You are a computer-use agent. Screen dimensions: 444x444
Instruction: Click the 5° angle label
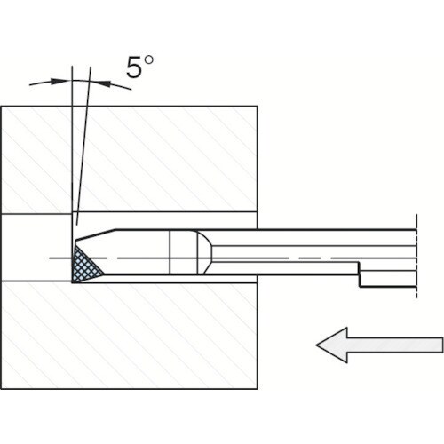pos(140,67)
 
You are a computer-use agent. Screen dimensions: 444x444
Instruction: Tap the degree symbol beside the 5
pos(149,60)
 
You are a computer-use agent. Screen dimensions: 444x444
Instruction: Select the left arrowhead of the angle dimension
pos(59,81)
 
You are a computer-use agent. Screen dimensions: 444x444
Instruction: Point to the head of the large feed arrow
pos(331,345)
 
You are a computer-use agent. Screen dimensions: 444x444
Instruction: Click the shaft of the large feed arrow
pos(395,345)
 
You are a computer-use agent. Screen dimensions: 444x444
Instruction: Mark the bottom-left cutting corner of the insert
pos(73,281)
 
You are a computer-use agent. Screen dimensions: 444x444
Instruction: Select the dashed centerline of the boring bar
pos(233,258)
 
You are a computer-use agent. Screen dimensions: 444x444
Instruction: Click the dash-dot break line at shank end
pos(416,256)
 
